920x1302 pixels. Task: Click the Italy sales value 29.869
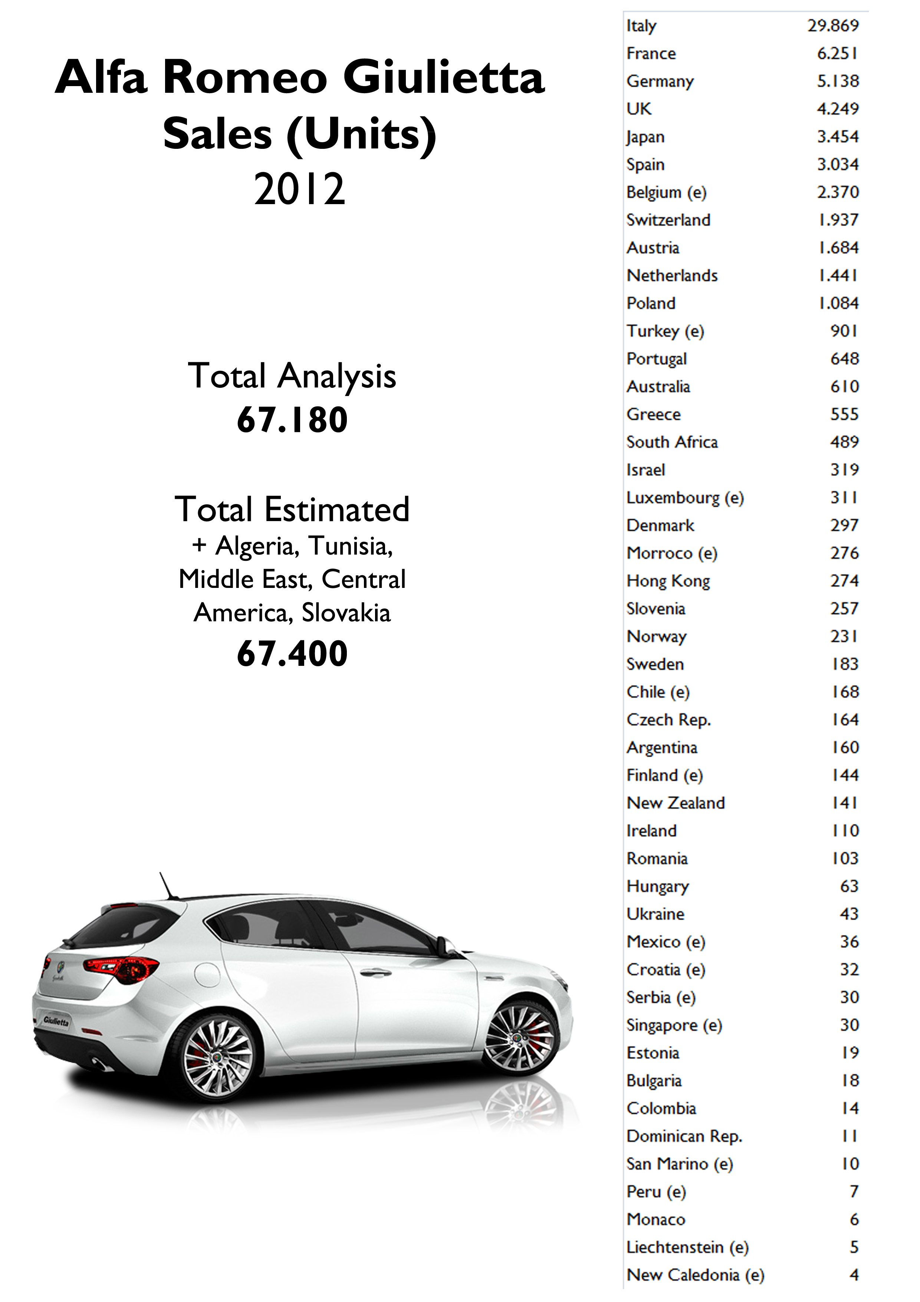point(833,26)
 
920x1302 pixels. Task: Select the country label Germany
point(660,82)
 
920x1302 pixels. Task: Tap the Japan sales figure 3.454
point(837,137)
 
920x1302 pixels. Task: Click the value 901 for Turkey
point(844,331)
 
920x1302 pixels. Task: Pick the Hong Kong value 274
point(844,581)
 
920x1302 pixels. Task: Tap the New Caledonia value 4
point(854,1275)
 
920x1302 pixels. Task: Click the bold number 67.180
point(292,420)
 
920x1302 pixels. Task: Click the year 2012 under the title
point(299,189)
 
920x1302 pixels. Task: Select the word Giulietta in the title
point(443,77)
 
